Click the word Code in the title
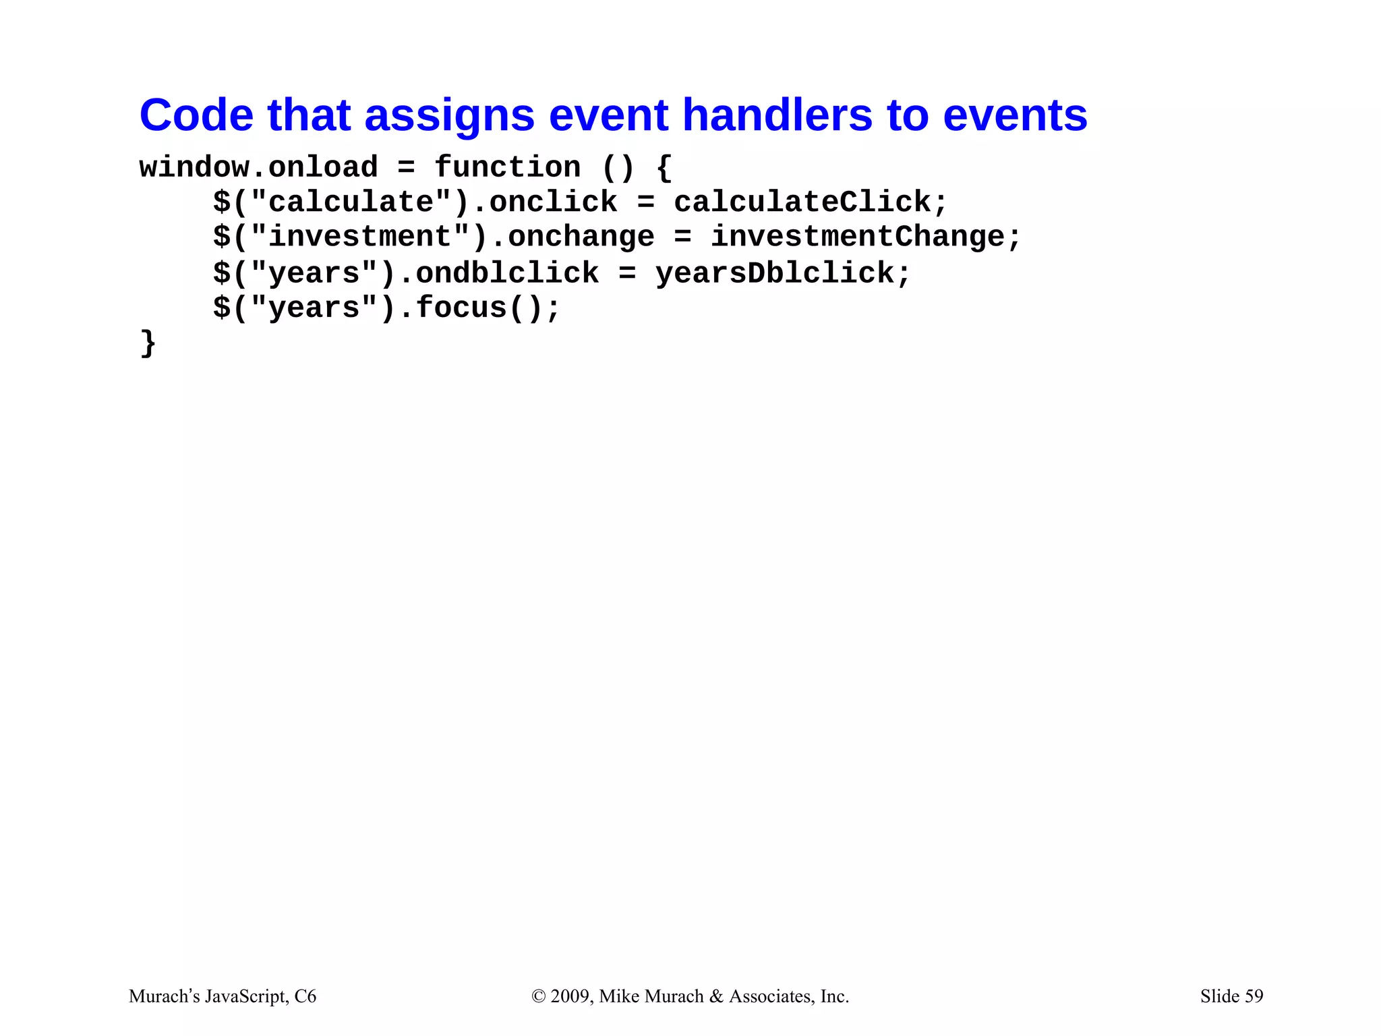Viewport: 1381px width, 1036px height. pyautogui.click(x=196, y=115)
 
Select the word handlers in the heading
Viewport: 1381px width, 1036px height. pyautogui.click(x=777, y=115)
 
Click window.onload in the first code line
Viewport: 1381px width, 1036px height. pyautogui.click(x=258, y=167)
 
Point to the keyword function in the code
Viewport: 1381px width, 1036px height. pyautogui.click(x=507, y=167)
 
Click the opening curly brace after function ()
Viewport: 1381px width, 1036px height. pyautogui.click(x=664, y=167)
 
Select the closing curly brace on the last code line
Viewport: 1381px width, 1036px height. pyautogui.click(x=148, y=343)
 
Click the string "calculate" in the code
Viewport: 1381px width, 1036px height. pyautogui.click(x=351, y=202)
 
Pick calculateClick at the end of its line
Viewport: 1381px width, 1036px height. pyautogui.click(x=802, y=202)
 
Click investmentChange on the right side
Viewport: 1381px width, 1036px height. pyautogui.click(x=858, y=237)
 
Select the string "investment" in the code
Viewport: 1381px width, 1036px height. pyautogui.click(x=359, y=237)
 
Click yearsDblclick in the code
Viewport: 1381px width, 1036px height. pyautogui.click(x=774, y=273)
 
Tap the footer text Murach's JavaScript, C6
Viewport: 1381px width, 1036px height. pyautogui.click(x=222, y=996)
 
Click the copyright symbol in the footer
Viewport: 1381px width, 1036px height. pyautogui.click(x=538, y=997)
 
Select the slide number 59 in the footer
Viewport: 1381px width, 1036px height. pyautogui.click(x=1254, y=996)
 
